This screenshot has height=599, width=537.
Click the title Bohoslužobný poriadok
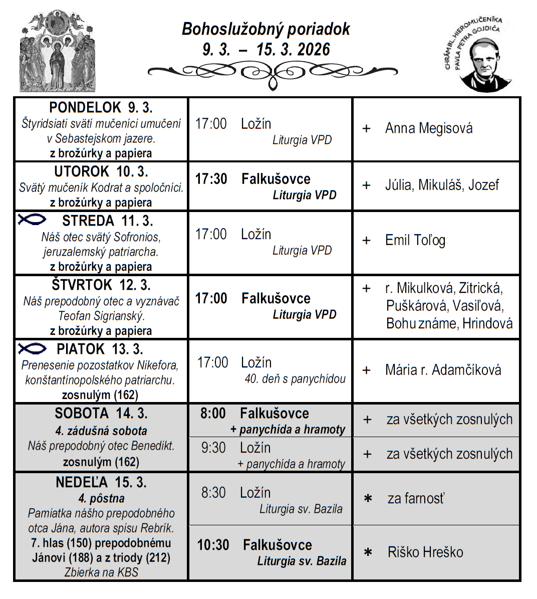265,29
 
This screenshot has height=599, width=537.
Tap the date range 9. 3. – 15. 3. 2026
266,50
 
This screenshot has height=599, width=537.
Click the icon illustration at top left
57,51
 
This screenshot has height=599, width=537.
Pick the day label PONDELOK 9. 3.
101,108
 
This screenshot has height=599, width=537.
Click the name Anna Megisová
428,128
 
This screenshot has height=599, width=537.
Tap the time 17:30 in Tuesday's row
211,179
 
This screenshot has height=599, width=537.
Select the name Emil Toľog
415,240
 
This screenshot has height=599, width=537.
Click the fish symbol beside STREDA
32,220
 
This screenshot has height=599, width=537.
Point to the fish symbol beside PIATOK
32,348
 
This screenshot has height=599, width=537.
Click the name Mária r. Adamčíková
443,370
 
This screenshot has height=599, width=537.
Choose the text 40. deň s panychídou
295,379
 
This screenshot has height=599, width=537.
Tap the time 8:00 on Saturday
213,414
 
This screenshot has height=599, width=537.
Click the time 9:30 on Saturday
213,448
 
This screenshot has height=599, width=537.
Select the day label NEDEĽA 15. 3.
101,482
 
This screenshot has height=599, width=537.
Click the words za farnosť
416,498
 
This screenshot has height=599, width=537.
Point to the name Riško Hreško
425,552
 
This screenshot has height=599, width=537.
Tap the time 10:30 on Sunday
213,545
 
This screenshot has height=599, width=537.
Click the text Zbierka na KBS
101,572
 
